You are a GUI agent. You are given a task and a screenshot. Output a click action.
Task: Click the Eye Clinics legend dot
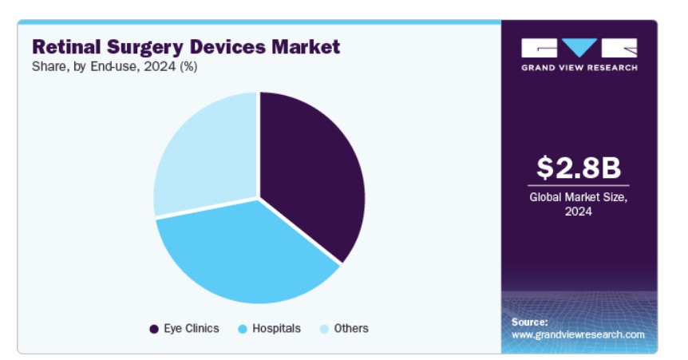[154, 329]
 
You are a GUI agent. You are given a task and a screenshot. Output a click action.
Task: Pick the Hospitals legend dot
[242, 329]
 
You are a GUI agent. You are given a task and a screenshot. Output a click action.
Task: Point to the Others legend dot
[324, 329]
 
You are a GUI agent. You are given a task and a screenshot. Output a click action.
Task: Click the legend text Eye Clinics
[192, 328]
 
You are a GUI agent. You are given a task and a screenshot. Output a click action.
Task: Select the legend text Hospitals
[276, 328]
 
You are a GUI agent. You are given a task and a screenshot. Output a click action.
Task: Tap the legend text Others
[351, 328]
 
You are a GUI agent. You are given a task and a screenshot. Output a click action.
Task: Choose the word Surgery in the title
[146, 47]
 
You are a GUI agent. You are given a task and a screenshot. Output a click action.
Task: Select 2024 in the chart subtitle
[160, 66]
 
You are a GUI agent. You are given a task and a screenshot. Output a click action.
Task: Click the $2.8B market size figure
[579, 168]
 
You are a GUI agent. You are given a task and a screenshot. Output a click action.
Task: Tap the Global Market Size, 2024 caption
[579, 204]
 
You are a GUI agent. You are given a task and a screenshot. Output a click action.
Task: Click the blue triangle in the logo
[579, 47]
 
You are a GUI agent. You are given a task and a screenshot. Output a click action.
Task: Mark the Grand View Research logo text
[579, 68]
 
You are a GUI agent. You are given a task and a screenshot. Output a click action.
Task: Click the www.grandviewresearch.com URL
[578, 334]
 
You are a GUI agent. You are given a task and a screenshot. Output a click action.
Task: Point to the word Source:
[530, 322]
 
